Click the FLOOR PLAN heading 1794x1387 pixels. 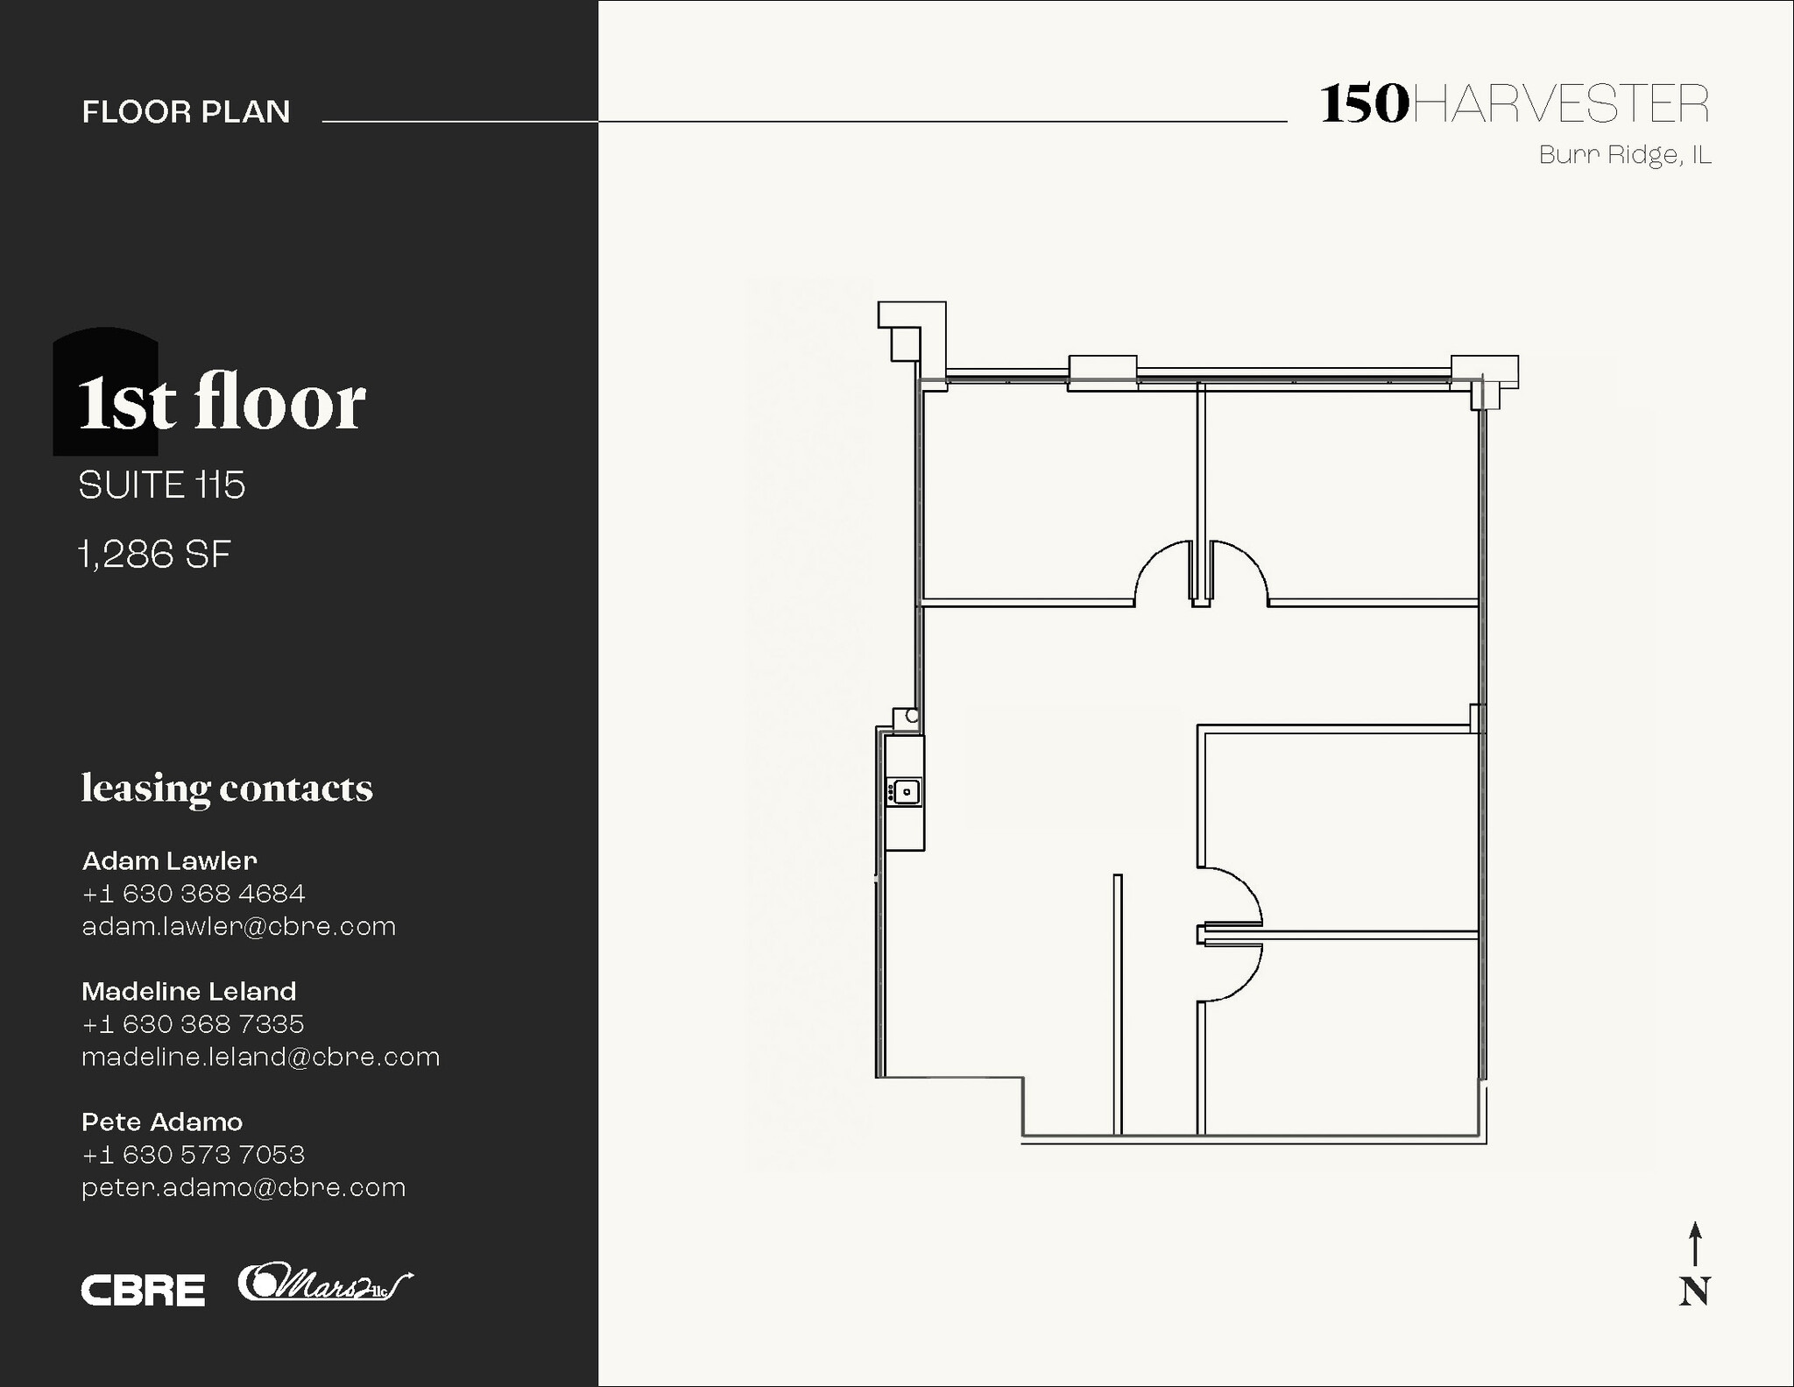pyautogui.click(x=186, y=112)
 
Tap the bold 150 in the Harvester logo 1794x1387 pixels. pyautogui.click(x=1364, y=104)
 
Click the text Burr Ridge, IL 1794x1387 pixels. pyautogui.click(x=1624, y=155)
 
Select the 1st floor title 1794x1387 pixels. pyautogui.click(x=222, y=402)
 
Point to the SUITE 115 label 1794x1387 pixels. pyautogui.click(x=162, y=485)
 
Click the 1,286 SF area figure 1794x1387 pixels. pyautogui.click(x=155, y=555)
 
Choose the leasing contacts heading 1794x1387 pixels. pyautogui.click(x=227, y=788)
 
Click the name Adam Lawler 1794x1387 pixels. pyautogui.click(x=169, y=860)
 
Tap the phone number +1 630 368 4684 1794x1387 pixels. pyautogui.click(x=194, y=894)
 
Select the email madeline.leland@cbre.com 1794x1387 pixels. pyautogui.click(x=260, y=1058)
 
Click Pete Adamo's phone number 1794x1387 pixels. pyautogui.click(x=194, y=1155)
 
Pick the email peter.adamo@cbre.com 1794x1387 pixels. pyautogui.click(x=244, y=1188)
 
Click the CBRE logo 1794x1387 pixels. pyautogui.click(x=143, y=1290)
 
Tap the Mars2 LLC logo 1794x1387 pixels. pyautogui.click(x=324, y=1284)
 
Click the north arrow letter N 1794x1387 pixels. pyautogui.click(x=1694, y=1291)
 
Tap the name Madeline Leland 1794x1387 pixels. pyautogui.click(x=188, y=991)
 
